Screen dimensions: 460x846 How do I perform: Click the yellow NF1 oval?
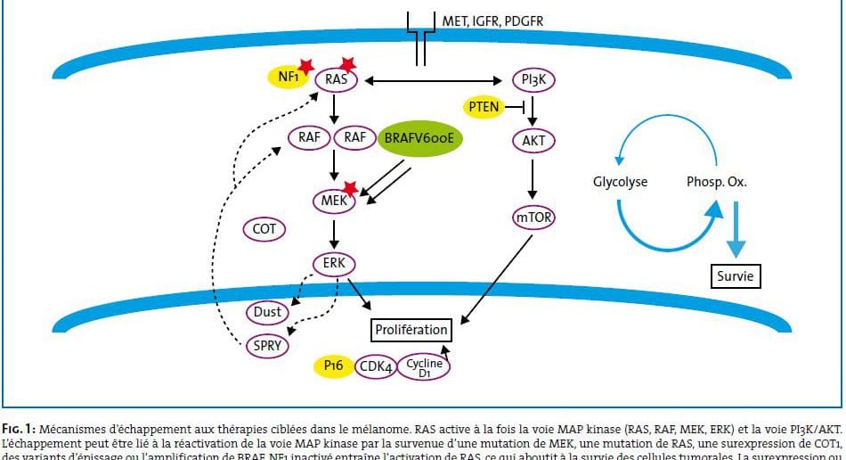tap(289, 77)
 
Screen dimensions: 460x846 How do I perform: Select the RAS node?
tap(337, 80)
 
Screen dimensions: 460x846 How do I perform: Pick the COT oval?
tap(264, 229)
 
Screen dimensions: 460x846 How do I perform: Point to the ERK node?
tap(334, 264)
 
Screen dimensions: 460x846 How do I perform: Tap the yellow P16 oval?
tap(333, 366)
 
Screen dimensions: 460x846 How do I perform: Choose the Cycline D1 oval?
tap(424, 366)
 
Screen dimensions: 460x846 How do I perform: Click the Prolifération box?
tap(411, 330)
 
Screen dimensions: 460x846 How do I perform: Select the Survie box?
tap(736, 277)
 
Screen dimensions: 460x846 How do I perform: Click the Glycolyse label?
tap(620, 182)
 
